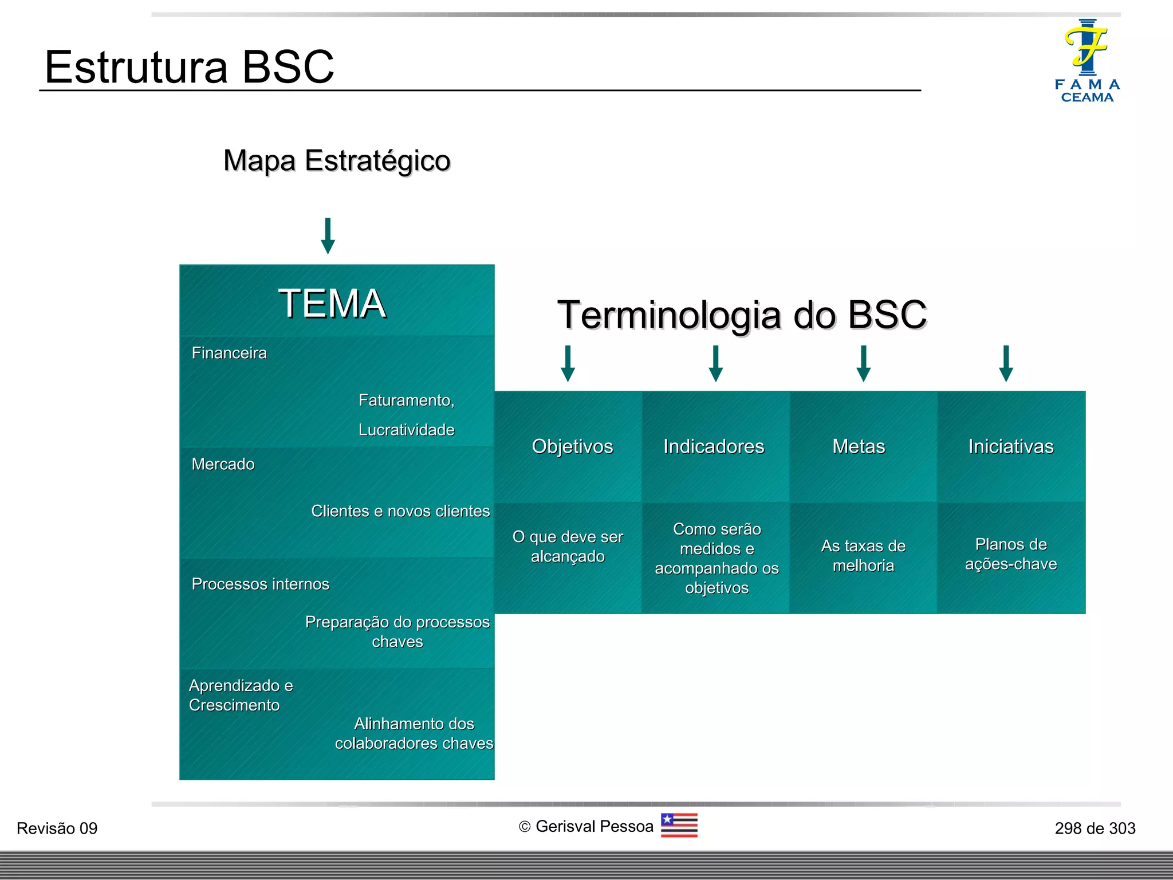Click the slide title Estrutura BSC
tap(189, 67)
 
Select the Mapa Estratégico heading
tap(337, 160)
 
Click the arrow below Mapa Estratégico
tap(328, 235)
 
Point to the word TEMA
tap(332, 303)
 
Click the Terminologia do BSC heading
tap(742, 315)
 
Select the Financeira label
tap(229, 353)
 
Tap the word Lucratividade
tap(406, 430)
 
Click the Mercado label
tap(223, 464)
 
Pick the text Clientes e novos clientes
tap(400, 511)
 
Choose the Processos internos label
tap(261, 584)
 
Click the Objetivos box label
tap(572, 446)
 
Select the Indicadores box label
tap(714, 446)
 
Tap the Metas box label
tap(859, 446)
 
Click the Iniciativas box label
tap(1011, 446)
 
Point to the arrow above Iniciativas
tap(1006, 363)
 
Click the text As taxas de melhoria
tap(863, 556)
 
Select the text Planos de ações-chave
tap(1011, 554)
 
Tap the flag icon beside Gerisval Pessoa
tap(679, 826)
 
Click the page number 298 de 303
tap(1095, 828)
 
